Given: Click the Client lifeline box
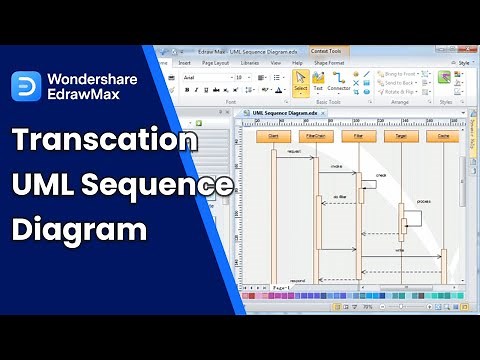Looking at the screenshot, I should pos(273,135).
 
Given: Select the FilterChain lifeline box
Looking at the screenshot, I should pos(314,135).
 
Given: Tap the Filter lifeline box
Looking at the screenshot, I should pos(353,135).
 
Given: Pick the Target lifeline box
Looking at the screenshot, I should pos(399,135).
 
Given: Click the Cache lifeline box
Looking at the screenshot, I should pos(440,135).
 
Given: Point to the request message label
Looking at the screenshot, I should pos(294,152).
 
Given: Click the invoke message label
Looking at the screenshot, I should pos(337,166).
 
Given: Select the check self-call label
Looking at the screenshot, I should pos(381,174).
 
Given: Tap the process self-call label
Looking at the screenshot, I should pos(423,200).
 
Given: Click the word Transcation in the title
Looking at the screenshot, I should pos(105,141).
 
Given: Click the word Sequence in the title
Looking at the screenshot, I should pos(169,185).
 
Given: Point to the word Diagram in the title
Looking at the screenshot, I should pos(80,229).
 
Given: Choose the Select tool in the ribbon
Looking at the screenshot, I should pos(301,82).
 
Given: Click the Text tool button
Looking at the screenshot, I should pos(318,82).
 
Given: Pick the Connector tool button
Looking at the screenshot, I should pos(339,82).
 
